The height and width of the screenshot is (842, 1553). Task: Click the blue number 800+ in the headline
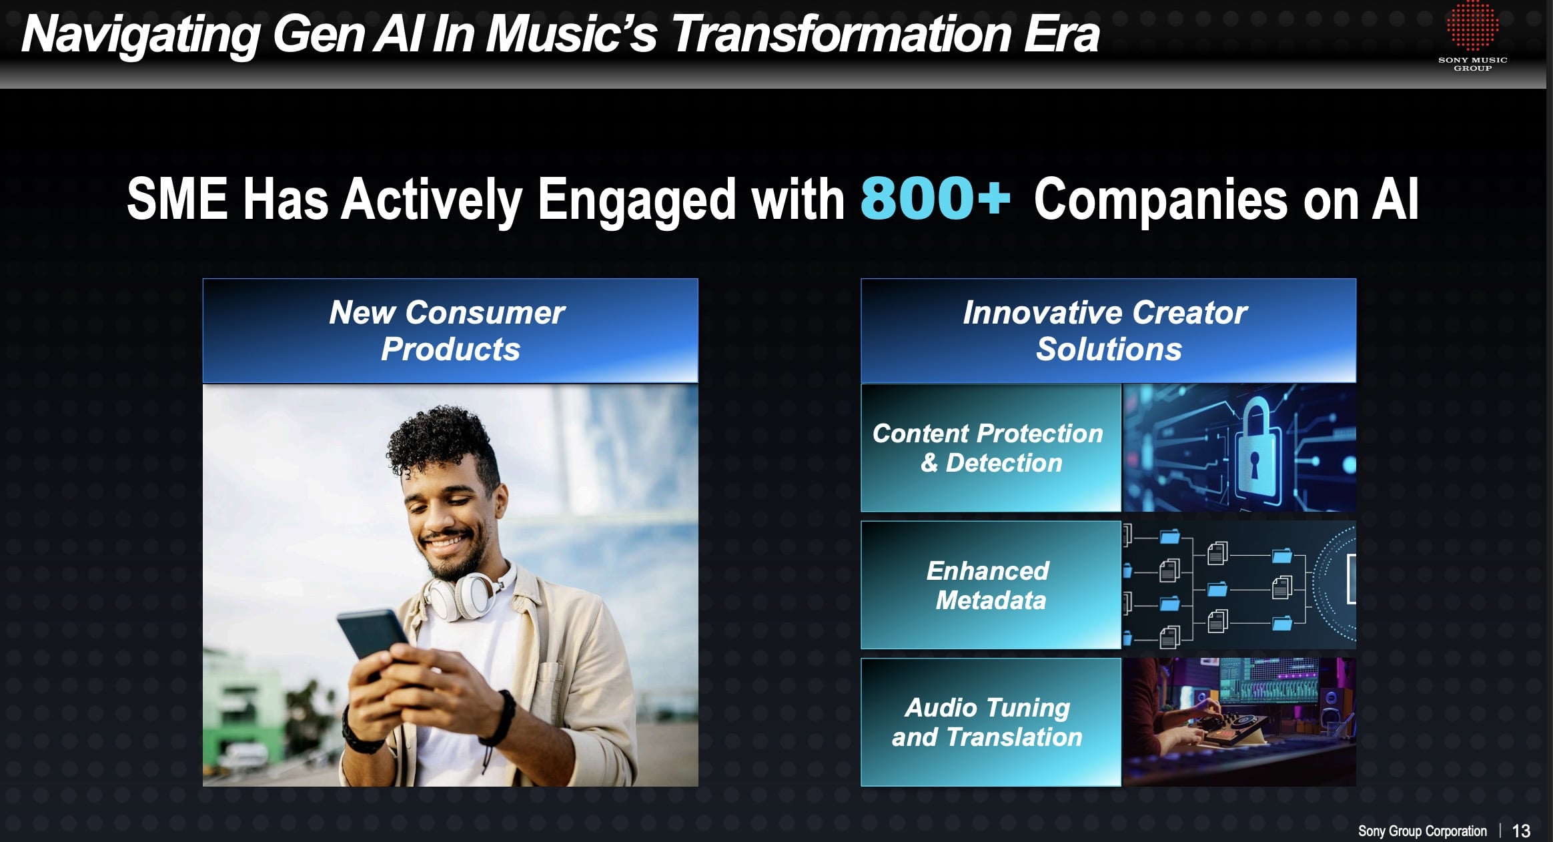tap(935, 198)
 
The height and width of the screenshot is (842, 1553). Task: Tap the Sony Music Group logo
tap(1472, 36)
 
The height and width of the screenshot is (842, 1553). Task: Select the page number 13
tap(1521, 831)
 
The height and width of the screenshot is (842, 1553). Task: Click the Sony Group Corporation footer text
tap(1422, 831)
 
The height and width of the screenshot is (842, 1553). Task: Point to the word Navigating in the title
tap(141, 35)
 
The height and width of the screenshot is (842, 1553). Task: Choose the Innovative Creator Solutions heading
tap(1107, 331)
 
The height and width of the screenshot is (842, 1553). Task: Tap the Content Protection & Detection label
tap(989, 448)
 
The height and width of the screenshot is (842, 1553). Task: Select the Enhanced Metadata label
tap(989, 585)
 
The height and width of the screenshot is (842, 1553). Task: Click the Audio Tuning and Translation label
tap(988, 723)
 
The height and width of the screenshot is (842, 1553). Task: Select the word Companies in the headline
tap(1160, 199)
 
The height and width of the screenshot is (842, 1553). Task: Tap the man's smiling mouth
tap(447, 541)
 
